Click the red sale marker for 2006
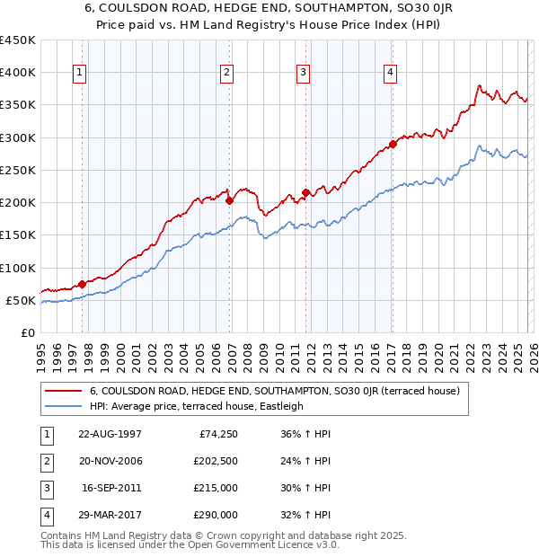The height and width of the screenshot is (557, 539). pos(230,200)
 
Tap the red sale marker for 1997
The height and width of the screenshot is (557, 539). pos(83,284)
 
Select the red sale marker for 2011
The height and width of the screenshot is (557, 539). pos(306,192)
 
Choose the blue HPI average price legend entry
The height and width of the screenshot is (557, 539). pos(197,406)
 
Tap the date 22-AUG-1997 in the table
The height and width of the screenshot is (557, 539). pos(110,434)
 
